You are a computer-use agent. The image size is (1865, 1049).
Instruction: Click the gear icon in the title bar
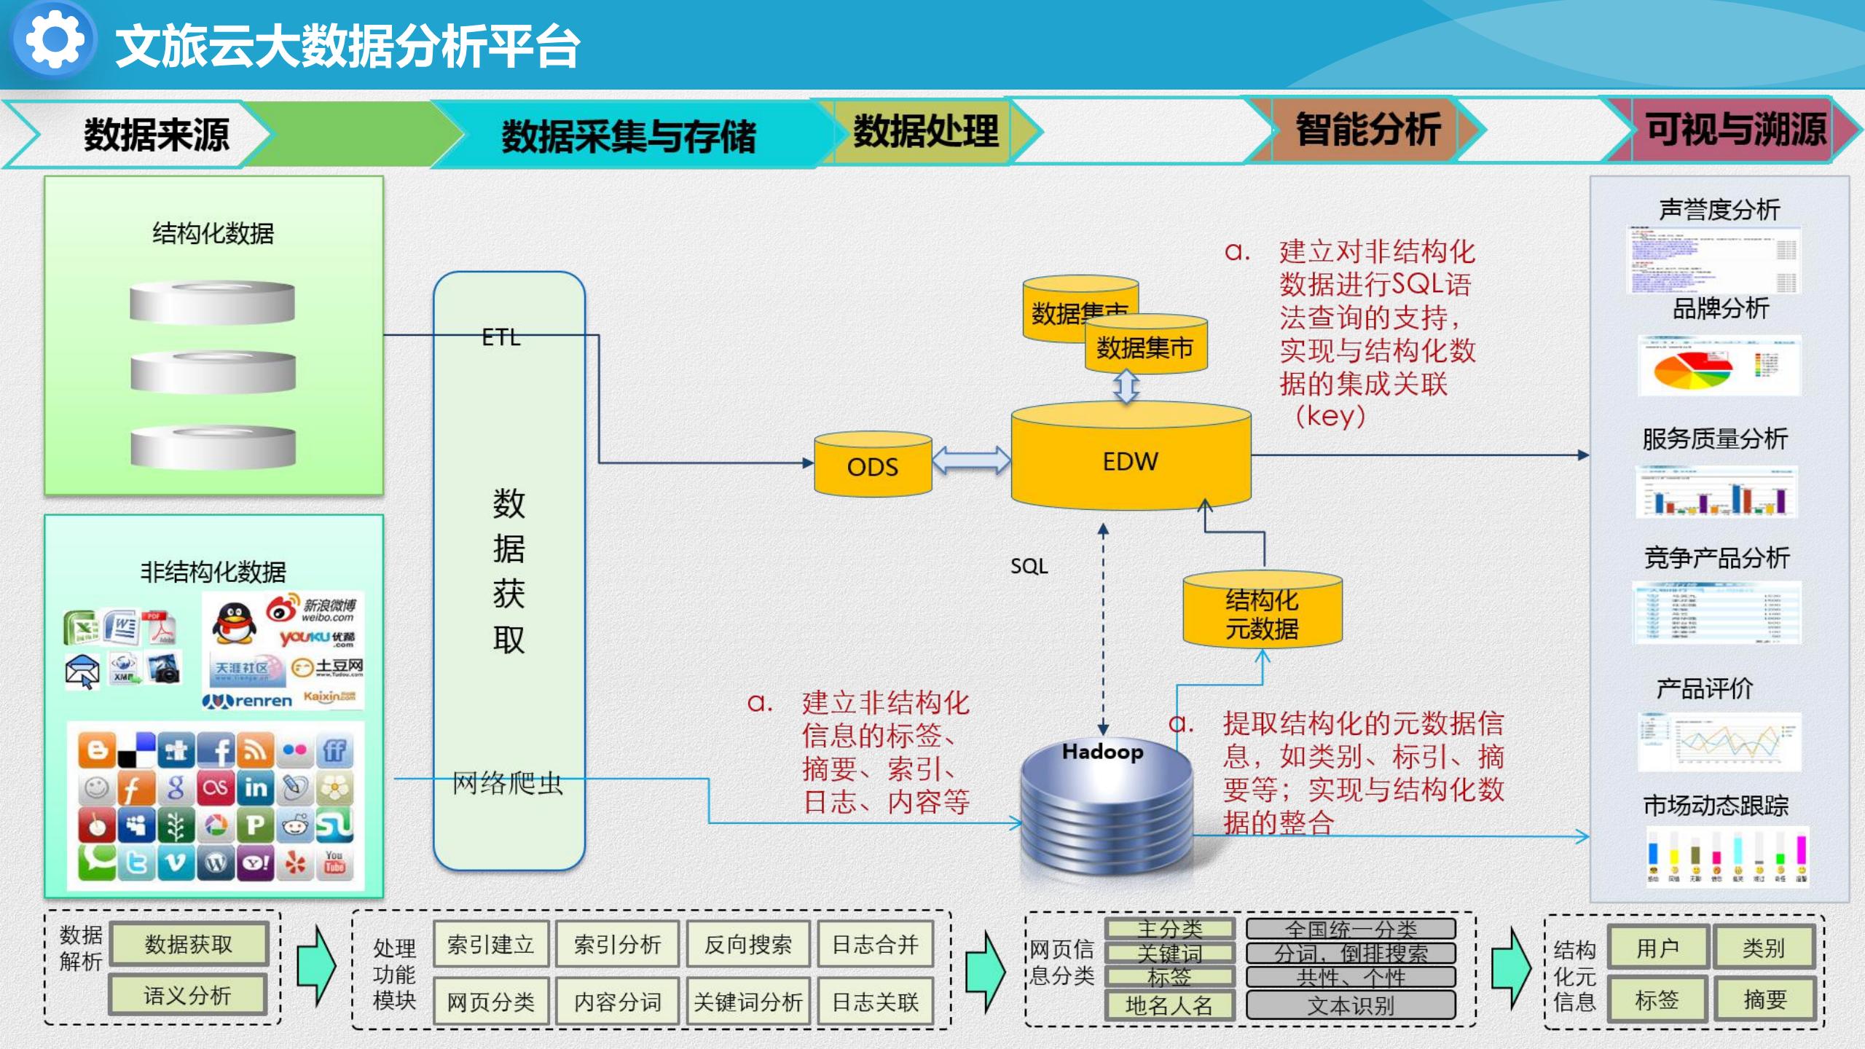tap(53, 39)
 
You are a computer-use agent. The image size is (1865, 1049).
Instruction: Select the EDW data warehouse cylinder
tap(1130, 459)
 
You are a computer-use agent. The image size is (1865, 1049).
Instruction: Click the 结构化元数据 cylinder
tap(1262, 612)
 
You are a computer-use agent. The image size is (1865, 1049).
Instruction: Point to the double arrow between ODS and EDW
tap(971, 460)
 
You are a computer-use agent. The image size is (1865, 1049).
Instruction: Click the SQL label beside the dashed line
tap(1029, 566)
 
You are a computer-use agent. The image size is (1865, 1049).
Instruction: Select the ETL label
tap(501, 337)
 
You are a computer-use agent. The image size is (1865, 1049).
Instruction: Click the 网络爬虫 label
tap(508, 783)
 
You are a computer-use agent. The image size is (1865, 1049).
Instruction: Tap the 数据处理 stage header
tap(925, 131)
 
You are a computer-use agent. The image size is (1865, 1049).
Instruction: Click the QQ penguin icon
tap(234, 623)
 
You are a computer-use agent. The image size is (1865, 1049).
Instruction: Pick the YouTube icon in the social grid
tap(334, 862)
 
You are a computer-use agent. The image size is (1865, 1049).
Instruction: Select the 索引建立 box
tap(490, 945)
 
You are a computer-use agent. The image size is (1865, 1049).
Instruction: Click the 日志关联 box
tap(875, 1002)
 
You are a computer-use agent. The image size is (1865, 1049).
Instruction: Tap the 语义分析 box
tap(187, 995)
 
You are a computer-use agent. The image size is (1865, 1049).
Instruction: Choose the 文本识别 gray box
tap(1351, 1005)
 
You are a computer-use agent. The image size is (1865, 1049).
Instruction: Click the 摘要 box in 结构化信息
tap(1764, 999)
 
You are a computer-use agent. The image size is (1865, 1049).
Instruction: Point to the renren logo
tap(248, 701)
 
